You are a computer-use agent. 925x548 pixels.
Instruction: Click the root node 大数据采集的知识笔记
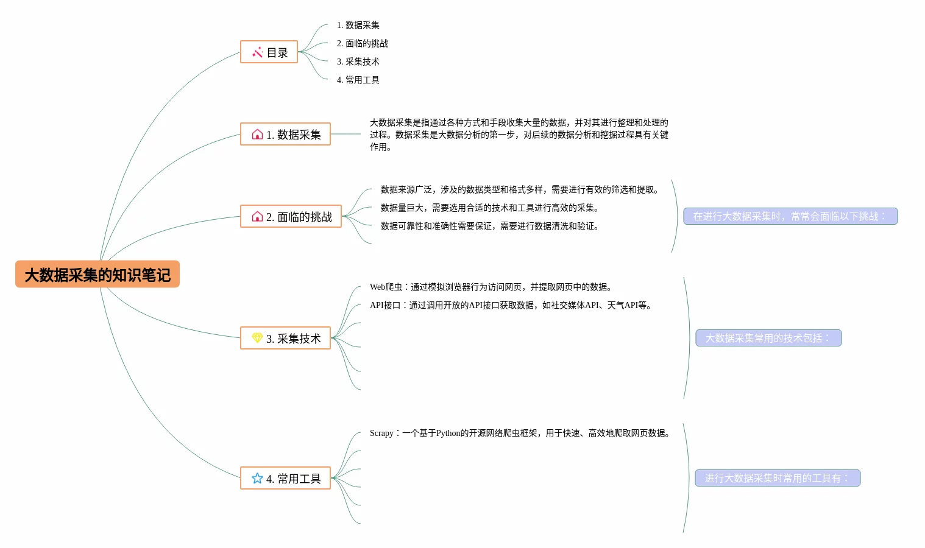(x=97, y=275)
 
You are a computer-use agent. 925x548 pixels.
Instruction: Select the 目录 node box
(x=269, y=52)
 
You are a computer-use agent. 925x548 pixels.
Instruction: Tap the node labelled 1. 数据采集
(x=285, y=135)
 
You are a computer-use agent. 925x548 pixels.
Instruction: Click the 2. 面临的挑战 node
(x=291, y=217)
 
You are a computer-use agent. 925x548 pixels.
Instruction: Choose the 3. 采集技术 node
(x=285, y=339)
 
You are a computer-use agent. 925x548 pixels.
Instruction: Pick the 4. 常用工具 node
(x=285, y=479)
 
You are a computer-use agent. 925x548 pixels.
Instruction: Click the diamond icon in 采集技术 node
(x=257, y=338)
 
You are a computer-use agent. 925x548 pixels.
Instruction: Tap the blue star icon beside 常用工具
(x=257, y=479)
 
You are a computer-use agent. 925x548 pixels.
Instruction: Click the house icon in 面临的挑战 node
(x=257, y=217)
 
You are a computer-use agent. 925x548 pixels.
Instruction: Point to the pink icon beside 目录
(x=257, y=52)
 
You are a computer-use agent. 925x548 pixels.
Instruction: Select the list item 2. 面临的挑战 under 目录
(x=362, y=43)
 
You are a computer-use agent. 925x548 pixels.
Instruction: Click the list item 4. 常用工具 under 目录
(x=358, y=80)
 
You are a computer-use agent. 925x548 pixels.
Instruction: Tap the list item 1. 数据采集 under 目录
(x=358, y=25)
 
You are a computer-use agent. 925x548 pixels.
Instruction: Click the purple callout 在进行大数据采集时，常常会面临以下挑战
(x=790, y=216)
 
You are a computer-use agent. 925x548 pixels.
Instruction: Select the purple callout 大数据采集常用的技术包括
(x=768, y=338)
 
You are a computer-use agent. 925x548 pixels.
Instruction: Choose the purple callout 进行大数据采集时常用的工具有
(x=777, y=478)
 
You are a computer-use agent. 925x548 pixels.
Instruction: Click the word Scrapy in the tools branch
(x=381, y=433)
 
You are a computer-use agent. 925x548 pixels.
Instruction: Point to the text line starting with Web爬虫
(x=491, y=287)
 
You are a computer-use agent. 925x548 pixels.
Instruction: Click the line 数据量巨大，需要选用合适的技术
(x=489, y=208)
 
